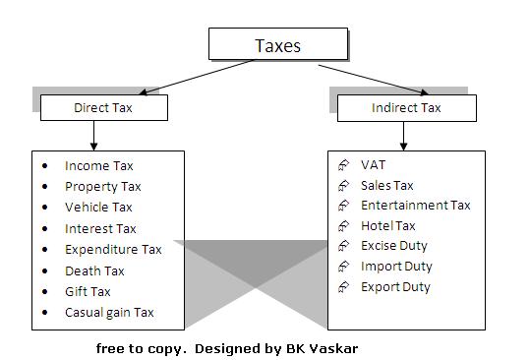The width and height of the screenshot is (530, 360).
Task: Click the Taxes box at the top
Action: click(278, 44)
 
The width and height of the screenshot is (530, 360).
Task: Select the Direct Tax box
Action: click(103, 107)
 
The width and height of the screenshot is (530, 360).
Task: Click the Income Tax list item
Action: click(99, 166)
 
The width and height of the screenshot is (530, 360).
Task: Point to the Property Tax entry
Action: click(103, 187)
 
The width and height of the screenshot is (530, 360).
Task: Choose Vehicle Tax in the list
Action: click(98, 208)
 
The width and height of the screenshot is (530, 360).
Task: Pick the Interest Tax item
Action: click(100, 229)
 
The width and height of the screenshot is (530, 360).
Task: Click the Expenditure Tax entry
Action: click(113, 250)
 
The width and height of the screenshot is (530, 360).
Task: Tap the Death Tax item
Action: click(94, 271)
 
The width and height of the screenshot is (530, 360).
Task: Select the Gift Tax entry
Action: click(88, 292)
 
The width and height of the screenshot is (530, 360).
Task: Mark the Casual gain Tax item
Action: click(109, 314)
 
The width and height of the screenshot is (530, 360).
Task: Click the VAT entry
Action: click(374, 165)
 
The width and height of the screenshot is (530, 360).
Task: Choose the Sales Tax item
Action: click(386, 185)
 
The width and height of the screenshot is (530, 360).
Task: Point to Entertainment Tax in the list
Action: click(415, 206)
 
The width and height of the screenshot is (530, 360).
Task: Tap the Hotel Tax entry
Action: click(387, 226)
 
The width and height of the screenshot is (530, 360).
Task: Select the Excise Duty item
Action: click(393, 246)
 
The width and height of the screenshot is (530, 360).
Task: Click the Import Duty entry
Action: click(396, 267)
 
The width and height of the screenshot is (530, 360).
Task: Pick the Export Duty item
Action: click(395, 287)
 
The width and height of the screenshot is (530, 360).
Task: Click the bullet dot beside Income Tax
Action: click(45, 166)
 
